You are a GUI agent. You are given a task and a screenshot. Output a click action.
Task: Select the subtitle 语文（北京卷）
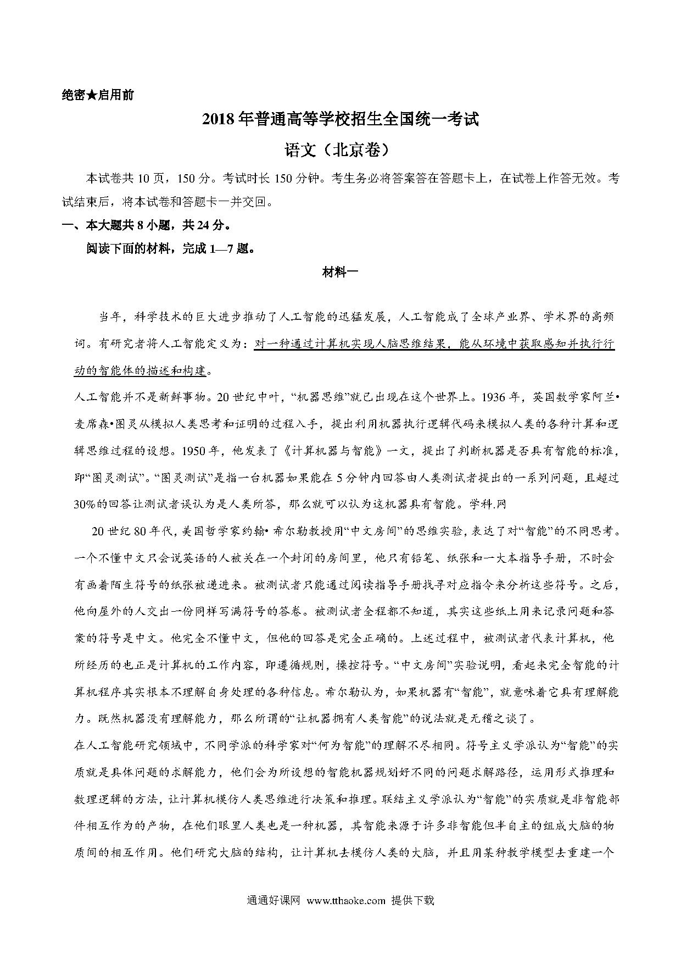click(x=340, y=149)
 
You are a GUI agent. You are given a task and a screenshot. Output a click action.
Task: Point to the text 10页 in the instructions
click(x=150, y=179)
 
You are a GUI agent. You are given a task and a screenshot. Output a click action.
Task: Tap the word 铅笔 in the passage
click(x=425, y=558)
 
